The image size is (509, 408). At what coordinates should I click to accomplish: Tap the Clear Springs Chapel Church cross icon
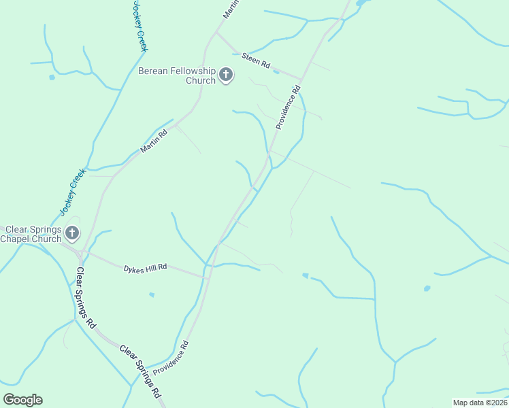tap(72, 234)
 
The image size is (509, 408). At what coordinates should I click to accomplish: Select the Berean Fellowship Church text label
tap(177, 75)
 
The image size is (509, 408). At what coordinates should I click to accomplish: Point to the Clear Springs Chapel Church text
tap(31, 234)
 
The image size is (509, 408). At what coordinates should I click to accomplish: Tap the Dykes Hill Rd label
tap(145, 268)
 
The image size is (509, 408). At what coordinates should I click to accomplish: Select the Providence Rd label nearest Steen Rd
tap(288, 107)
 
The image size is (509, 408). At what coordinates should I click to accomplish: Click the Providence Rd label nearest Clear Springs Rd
tap(170, 359)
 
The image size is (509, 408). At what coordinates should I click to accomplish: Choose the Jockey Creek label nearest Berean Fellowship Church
tap(140, 26)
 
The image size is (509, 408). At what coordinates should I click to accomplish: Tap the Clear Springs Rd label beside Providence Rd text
tap(141, 371)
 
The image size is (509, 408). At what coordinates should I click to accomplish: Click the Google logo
tap(22, 400)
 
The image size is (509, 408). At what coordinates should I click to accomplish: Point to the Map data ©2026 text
tap(480, 403)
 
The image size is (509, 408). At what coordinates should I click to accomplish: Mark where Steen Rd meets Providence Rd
tap(301, 80)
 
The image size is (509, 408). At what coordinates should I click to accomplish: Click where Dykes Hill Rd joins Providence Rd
tap(207, 277)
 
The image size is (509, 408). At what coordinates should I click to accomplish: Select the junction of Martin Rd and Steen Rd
tap(216, 33)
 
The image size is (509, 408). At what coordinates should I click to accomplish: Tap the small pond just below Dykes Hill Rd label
tap(151, 294)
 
